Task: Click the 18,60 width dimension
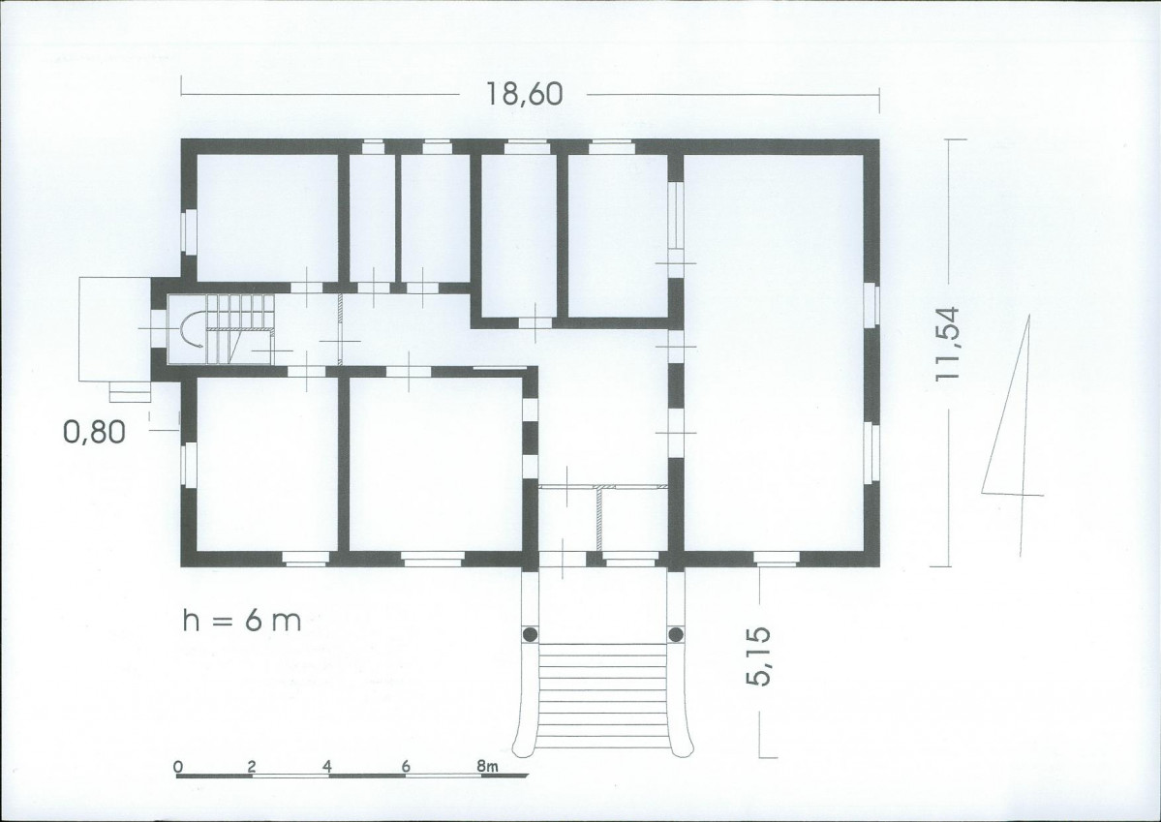pos(524,94)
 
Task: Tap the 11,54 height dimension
pos(948,343)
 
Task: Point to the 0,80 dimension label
pos(94,431)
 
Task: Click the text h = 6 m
pos(242,621)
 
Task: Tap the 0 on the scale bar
pos(178,767)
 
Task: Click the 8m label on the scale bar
pos(487,767)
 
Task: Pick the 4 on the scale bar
pos(328,767)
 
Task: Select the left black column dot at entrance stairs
pos(531,634)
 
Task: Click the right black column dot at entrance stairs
pos(675,634)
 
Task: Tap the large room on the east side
pos(773,352)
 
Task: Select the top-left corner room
pos(267,218)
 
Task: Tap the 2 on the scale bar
pos(252,767)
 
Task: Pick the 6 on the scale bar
pos(406,767)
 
